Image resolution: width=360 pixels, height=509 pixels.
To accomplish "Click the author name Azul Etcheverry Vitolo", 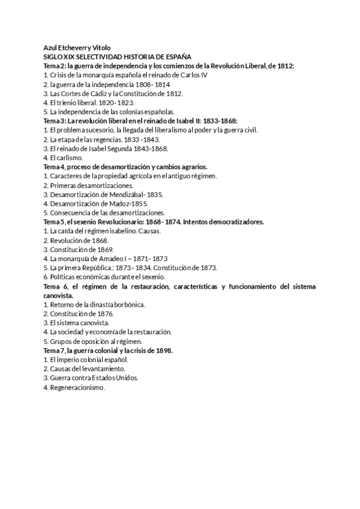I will coord(77,47).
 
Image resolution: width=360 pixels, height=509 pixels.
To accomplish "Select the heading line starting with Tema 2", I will coord(169,65).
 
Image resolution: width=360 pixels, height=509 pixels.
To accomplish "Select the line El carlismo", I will coord(63,158).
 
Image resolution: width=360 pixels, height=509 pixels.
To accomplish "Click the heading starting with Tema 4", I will coord(126,167).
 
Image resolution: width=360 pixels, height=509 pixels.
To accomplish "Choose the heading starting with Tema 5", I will coord(154,222).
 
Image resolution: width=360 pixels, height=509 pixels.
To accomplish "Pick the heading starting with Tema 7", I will coord(109,351).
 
